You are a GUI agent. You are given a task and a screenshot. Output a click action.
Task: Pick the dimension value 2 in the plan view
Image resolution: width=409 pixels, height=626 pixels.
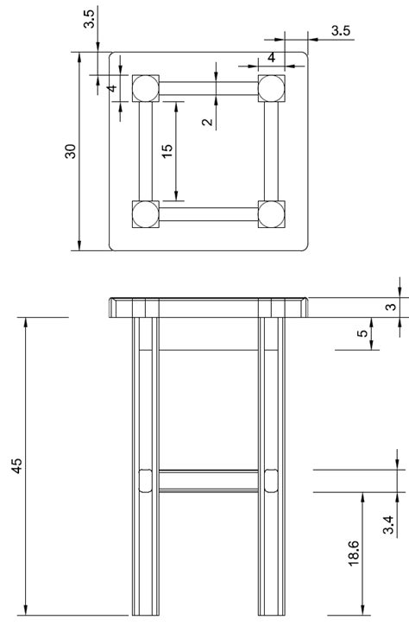pos(207,122)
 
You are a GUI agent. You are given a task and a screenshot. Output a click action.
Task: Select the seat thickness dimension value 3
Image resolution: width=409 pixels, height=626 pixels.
pos(391,307)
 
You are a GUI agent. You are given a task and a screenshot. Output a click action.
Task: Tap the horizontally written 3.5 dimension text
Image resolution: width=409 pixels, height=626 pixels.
pos(340,31)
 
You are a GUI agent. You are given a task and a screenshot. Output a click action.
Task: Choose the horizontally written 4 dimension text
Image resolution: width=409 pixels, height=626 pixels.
pos(271,58)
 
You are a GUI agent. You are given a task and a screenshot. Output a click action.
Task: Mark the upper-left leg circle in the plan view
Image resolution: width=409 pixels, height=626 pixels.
pos(145,87)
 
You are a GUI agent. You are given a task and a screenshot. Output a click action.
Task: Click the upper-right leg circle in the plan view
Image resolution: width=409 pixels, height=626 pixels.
pos(272,87)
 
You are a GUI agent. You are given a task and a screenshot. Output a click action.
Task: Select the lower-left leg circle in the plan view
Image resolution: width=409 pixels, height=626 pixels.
pos(145,213)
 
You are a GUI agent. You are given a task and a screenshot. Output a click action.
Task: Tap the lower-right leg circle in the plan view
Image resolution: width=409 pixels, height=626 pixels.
pos(272,213)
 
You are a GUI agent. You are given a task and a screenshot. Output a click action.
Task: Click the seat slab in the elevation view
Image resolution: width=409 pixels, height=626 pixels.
pos(208,307)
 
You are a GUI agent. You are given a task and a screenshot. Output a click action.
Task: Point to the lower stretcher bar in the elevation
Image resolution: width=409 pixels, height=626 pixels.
pos(208,480)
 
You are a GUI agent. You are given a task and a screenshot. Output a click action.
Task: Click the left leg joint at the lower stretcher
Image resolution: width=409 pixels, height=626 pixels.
pos(145,480)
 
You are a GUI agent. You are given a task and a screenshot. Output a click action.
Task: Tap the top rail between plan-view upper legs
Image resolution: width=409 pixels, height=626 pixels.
pos(208,87)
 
